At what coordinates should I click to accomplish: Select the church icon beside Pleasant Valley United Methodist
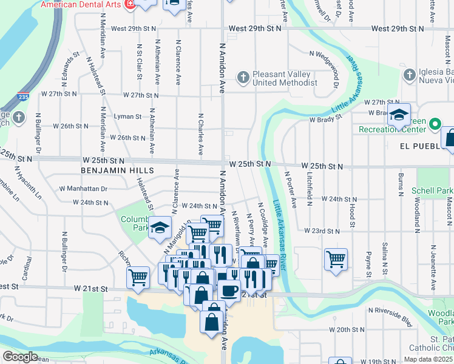pos(243,78)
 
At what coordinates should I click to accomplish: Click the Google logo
pos(21,357)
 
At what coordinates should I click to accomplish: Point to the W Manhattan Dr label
pos(83,189)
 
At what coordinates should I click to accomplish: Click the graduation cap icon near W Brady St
pos(399,115)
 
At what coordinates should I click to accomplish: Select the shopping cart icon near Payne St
pos(336,260)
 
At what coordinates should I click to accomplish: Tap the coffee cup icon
pos(229,291)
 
